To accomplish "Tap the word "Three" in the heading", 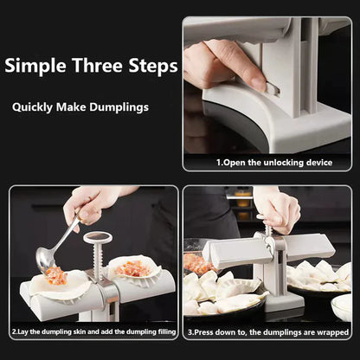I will [96, 66].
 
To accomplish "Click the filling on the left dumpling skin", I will [55, 275].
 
